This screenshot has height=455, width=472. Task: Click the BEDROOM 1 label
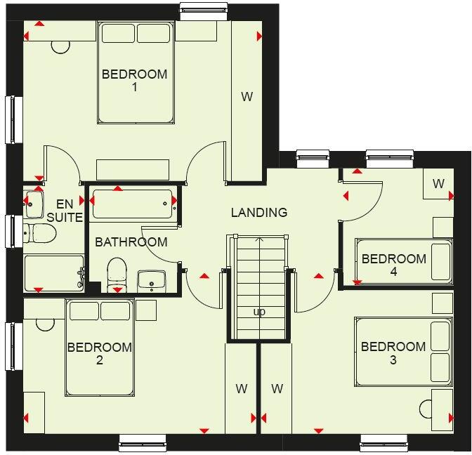(x=134, y=81)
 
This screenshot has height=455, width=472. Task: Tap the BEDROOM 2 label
(x=99, y=353)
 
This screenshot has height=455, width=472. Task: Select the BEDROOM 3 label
(x=393, y=353)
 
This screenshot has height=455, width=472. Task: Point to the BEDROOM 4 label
(x=393, y=265)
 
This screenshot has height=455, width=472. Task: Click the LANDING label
(x=259, y=212)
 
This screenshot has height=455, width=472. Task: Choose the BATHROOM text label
(x=131, y=242)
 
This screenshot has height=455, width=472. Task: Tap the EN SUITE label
(x=65, y=211)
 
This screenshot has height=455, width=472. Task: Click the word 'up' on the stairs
(x=259, y=312)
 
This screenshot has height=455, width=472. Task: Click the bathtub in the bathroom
(x=131, y=204)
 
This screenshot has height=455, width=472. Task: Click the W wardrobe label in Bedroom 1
(x=247, y=97)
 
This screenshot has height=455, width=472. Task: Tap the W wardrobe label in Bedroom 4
(x=438, y=184)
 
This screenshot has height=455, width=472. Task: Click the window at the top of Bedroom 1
(x=203, y=9)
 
